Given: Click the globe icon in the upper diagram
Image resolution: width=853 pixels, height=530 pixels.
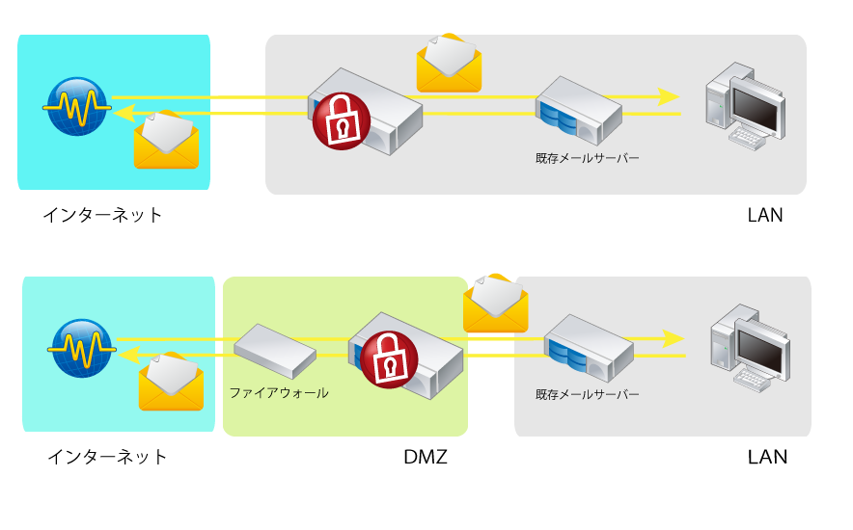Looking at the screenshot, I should [76, 106].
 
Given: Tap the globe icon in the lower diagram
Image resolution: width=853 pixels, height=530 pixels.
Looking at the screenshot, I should [81, 348].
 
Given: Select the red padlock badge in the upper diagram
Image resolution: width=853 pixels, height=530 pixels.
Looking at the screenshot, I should [342, 120].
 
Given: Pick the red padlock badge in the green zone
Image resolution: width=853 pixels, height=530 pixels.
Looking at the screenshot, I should [389, 360].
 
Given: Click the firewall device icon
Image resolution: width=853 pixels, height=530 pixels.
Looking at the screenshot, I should [275, 351].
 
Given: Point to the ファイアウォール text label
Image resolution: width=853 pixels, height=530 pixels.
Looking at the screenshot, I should [278, 393].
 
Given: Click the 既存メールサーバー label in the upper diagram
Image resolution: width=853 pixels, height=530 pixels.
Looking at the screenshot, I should [587, 158].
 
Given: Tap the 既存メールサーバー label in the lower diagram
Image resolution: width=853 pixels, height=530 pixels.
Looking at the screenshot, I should [587, 395].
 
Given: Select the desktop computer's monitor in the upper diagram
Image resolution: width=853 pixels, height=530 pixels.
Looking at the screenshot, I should [756, 107].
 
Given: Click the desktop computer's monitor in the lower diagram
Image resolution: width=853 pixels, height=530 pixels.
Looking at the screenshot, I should [761, 348].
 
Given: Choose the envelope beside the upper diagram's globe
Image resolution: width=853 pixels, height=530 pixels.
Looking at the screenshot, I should [166, 141].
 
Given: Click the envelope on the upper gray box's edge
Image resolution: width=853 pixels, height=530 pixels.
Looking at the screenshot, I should [449, 64].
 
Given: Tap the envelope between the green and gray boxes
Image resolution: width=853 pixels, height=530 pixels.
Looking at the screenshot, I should [495, 304].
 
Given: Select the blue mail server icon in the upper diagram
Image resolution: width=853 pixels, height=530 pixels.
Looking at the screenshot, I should [578, 110].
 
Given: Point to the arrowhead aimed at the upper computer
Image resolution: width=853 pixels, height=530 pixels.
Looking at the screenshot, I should [669, 96].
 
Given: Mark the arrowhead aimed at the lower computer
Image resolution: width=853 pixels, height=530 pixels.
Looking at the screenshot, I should [673, 339].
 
